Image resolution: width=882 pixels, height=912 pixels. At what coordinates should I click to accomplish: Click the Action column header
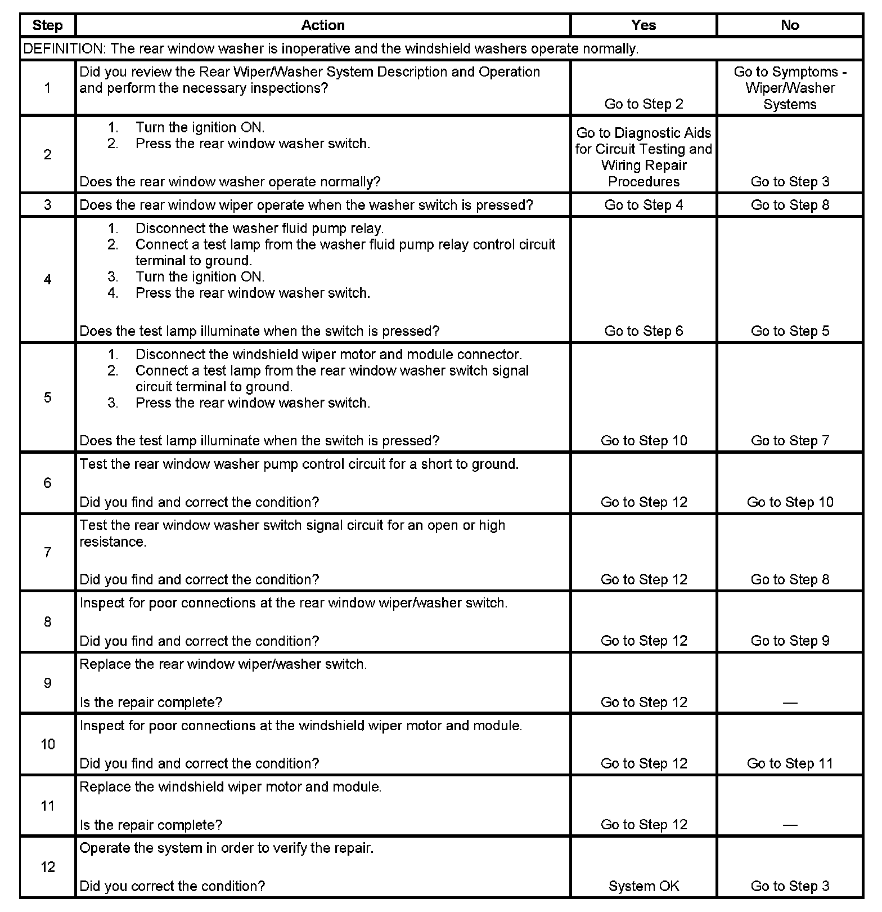[x=322, y=25]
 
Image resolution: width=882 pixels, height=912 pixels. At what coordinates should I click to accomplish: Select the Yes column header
[x=643, y=25]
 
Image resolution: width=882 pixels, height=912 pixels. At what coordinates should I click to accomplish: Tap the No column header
[x=790, y=25]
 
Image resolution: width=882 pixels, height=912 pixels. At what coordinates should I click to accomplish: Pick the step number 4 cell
[x=48, y=280]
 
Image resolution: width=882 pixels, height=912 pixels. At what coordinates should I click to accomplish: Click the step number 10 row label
[x=48, y=744]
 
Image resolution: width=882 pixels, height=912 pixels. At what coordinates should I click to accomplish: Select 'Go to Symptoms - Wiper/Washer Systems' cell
[x=790, y=88]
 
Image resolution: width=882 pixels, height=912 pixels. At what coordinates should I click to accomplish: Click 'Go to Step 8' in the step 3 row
[x=790, y=205]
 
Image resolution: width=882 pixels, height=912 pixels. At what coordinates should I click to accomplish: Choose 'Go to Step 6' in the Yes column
[x=643, y=331]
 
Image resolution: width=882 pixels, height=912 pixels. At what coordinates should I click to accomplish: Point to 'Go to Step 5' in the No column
[x=790, y=331]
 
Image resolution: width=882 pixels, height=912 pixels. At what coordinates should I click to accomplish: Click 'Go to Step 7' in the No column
[x=790, y=440]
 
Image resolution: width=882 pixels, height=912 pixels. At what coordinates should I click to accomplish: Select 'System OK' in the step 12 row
[x=643, y=886]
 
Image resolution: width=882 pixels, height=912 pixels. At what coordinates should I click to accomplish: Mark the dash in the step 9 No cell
[x=790, y=703]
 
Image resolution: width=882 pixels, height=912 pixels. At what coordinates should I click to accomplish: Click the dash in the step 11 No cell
[x=790, y=825]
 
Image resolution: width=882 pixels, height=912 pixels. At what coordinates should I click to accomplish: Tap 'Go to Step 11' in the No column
[x=790, y=763]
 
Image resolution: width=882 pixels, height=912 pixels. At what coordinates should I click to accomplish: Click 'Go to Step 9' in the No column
[x=790, y=641]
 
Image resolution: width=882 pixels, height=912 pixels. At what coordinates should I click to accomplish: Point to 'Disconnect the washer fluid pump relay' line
[x=259, y=229]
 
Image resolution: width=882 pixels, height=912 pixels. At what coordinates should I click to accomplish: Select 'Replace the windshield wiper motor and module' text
[x=231, y=787]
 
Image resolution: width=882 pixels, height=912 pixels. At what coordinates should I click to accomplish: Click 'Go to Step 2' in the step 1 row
[x=643, y=104]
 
